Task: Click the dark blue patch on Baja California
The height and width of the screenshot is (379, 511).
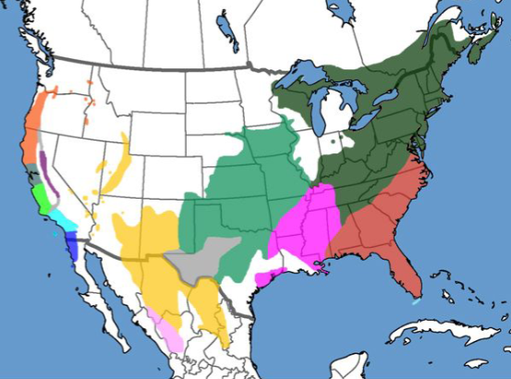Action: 73,246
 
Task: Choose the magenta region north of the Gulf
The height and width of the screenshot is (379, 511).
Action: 305,226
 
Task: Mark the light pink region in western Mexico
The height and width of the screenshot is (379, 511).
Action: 166,328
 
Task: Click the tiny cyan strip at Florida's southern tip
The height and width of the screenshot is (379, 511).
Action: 418,301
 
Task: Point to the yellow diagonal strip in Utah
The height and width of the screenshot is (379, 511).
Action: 116,166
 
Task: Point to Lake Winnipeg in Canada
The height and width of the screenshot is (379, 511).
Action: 226,23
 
